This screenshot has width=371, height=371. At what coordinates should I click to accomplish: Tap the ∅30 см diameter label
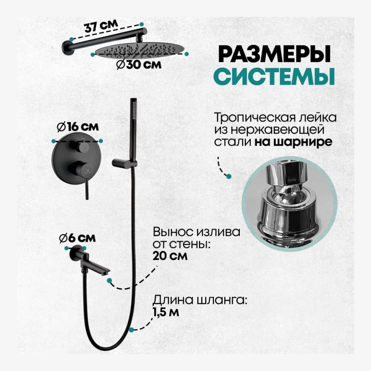138,64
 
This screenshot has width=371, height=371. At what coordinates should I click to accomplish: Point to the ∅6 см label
77,238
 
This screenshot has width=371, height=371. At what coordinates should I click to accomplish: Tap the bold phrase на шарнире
293,142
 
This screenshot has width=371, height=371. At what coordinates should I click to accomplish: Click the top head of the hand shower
133,107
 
